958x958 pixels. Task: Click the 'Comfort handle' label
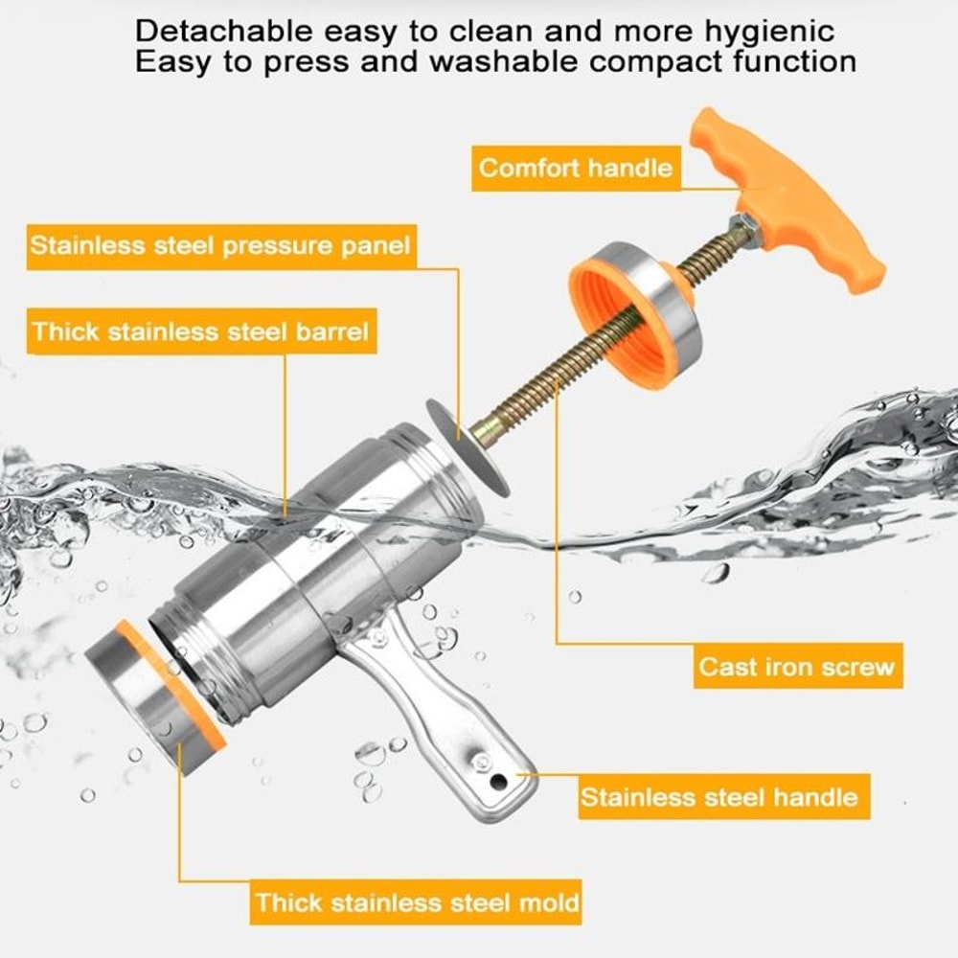576,168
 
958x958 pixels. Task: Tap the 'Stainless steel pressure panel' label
221,246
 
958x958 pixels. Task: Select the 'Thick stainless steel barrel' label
201,331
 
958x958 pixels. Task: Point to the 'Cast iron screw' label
797,666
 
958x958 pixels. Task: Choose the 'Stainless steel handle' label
724,797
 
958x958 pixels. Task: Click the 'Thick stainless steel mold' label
416,901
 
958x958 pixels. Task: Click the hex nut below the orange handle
744,229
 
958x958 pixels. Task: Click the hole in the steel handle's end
498,780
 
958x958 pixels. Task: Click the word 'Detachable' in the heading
223,31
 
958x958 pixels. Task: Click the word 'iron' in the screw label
785,667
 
